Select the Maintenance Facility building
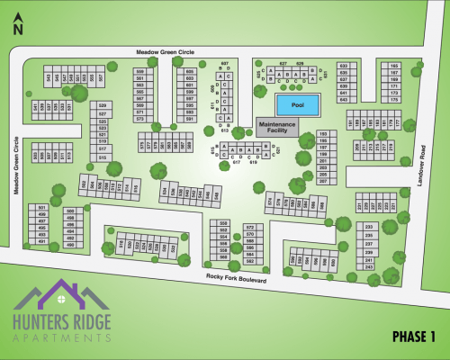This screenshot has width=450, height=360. pos(275,127)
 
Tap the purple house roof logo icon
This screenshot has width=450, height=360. pos(60,298)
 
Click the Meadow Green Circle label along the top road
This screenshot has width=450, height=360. pos(166,51)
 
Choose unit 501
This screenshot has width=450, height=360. pos(41,208)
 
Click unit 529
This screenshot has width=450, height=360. pos(103,106)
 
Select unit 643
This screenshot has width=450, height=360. pos(343,99)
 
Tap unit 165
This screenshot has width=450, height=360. pos(394,66)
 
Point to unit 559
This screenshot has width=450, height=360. pos(140,71)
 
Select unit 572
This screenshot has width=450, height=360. pos(250,225)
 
